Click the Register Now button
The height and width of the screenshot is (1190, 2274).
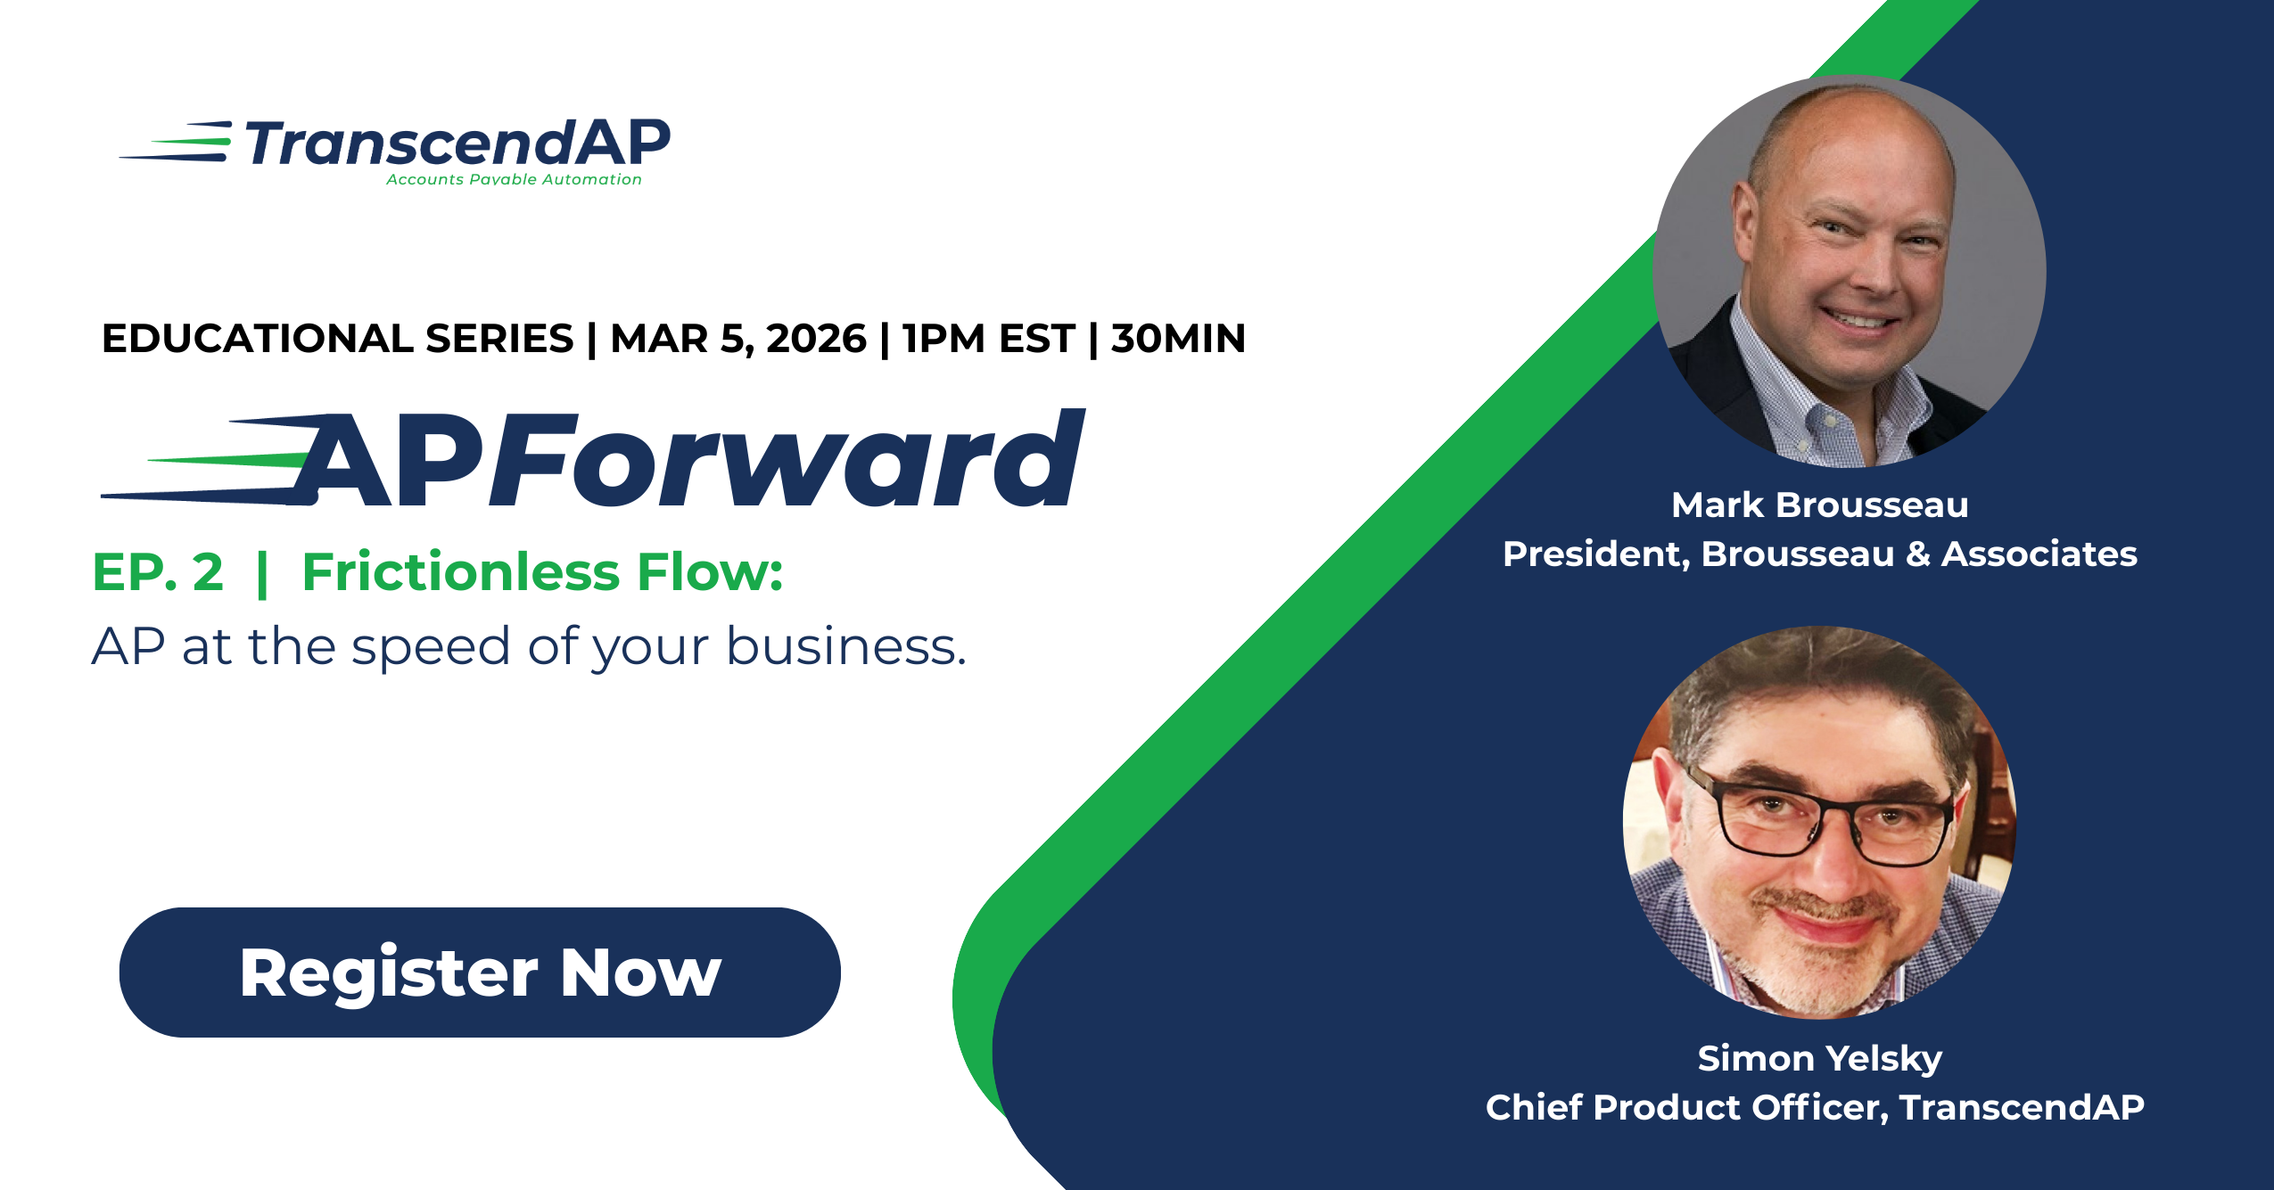click(x=480, y=972)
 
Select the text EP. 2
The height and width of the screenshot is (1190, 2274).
click(x=158, y=572)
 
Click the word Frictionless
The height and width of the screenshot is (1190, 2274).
click(x=460, y=572)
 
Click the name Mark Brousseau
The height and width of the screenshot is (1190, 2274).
click(x=1819, y=505)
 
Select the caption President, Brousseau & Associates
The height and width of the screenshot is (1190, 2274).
click(x=1819, y=554)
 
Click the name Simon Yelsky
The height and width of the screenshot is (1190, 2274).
click(x=1819, y=1059)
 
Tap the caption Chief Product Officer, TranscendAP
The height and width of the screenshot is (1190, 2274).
click(x=1815, y=1108)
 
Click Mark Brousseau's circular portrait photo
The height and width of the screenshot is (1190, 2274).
click(x=1849, y=267)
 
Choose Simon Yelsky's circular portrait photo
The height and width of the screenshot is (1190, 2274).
click(x=1819, y=820)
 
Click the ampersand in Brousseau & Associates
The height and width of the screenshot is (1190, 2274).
click(x=1917, y=554)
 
